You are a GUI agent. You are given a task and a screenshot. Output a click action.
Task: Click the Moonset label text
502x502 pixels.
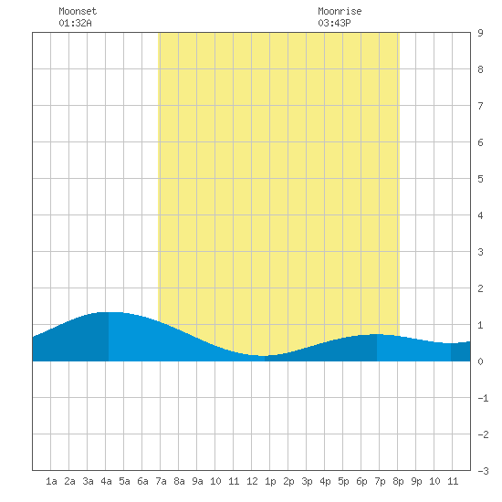tap(78, 11)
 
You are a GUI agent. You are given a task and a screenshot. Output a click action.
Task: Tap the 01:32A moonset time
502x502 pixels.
tap(75, 23)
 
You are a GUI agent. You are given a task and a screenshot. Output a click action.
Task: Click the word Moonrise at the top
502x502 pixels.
tap(340, 11)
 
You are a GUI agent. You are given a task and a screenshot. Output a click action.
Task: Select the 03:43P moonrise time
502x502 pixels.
tap(334, 23)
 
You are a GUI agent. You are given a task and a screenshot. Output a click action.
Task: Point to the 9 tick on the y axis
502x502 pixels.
tap(480, 33)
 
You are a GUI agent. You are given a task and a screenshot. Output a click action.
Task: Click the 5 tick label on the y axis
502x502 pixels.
tap(480, 179)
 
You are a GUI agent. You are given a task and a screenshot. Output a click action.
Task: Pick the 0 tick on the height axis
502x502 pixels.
tap(480, 361)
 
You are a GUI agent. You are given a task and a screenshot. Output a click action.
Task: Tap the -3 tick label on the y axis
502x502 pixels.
tap(483, 471)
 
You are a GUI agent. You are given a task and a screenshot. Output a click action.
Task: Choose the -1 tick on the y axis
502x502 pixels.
tap(483, 398)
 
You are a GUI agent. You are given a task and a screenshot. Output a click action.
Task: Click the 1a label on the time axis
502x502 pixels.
tap(51, 481)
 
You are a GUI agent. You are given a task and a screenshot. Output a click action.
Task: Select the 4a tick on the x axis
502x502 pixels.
tap(106, 481)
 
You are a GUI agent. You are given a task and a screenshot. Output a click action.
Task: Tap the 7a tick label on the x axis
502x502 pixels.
tap(161, 481)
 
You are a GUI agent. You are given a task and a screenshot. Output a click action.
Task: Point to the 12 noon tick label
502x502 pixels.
tap(252, 481)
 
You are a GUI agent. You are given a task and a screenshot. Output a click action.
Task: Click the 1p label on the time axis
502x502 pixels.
tap(270, 481)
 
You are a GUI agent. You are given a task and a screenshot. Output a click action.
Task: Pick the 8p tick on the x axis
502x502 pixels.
tap(398, 481)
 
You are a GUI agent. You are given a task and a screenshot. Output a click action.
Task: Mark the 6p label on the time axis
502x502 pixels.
tap(361, 481)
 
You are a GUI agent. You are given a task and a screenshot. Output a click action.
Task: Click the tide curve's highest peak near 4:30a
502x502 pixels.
tap(109, 312)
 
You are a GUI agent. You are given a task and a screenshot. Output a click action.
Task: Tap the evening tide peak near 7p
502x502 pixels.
tap(377, 334)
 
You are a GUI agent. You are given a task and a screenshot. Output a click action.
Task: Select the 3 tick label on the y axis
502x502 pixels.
tap(480, 252)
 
